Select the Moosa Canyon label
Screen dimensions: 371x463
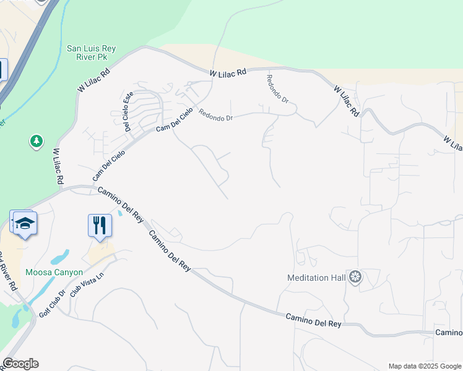tap(54, 272)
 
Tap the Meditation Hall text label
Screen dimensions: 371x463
tap(316, 278)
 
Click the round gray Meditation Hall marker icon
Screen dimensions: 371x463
tap(355, 277)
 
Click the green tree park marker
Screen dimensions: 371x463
tap(37, 142)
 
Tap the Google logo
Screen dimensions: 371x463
tap(20, 364)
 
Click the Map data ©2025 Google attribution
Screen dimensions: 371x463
tap(424, 366)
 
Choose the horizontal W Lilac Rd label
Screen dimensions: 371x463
tap(228, 73)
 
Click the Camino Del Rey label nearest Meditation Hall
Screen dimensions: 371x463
tap(313, 320)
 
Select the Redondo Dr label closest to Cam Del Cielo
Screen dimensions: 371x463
tap(215, 115)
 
